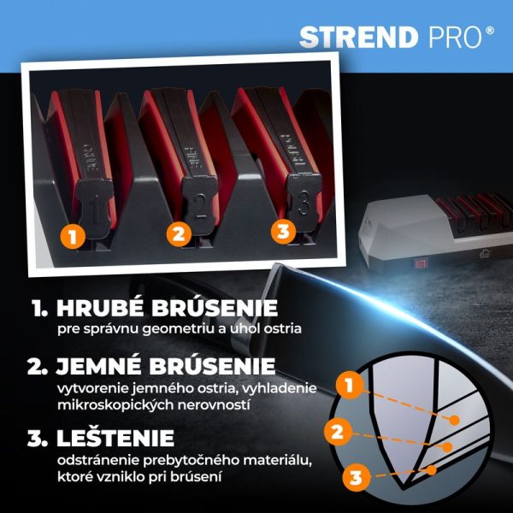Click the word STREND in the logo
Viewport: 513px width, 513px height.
click(x=358, y=38)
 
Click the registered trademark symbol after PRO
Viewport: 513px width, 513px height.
click(x=489, y=31)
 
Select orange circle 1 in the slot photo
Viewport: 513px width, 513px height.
click(x=73, y=236)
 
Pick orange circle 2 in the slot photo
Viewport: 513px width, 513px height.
click(x=179, y=234)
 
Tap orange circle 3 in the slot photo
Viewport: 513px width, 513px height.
click(x=283, y=232)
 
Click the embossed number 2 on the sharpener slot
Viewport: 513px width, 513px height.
click(x=199, y=206)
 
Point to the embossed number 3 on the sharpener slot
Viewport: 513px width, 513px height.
click(x=303, y=203)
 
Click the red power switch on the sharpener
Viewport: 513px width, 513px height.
click(x=421, y=263)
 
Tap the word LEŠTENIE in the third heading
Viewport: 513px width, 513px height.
click(x=115, y=438)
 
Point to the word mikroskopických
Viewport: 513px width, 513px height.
click(x=115, y=405)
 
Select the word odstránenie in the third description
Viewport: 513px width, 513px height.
click(x=97, y=461)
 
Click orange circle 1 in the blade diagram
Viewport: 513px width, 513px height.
click(x=350, y=386)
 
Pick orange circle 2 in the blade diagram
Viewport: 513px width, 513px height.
click(x=337, y=433)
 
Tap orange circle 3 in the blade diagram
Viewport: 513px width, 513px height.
click(x=356, y=478)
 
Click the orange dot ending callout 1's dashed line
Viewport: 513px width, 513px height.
click(x=454, y=421)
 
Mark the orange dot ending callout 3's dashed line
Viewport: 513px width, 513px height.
click(x=432, y=470)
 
